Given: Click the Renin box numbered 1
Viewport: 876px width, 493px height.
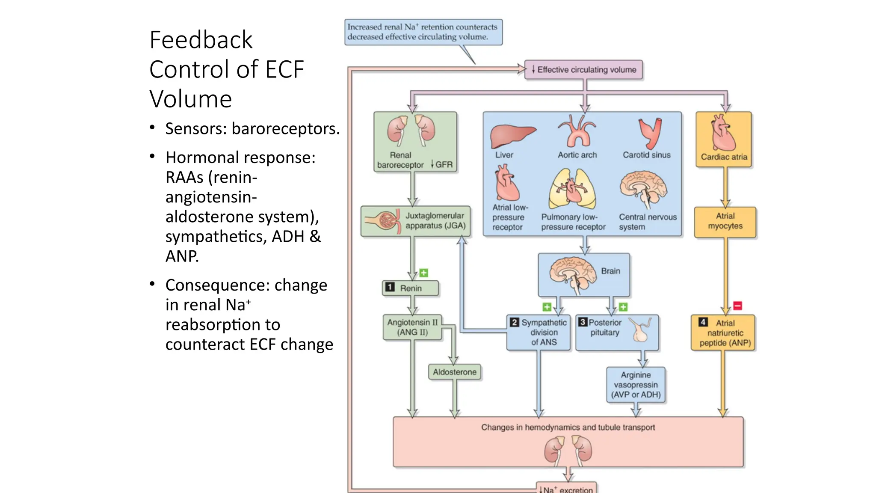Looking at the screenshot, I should tap(410, 288).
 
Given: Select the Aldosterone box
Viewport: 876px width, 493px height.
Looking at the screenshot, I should tap(454, 372).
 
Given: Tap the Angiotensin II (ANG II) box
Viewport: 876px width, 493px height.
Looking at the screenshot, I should tap(412, 327).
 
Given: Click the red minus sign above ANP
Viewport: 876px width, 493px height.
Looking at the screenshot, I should tap(737, 306).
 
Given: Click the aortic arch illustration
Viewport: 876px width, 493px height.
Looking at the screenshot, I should tap(577, 131).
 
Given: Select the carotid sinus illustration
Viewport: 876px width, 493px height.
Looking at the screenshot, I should tap(650, 133).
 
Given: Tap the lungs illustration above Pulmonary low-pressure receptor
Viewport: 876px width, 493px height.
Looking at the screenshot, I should tap(572, 189).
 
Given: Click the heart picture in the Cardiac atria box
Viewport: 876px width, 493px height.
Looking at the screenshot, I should tap(723, 132).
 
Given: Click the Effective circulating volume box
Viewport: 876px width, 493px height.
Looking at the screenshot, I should tap(583, 70).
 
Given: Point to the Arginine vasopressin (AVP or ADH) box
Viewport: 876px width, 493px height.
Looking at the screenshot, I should tap(636, 385).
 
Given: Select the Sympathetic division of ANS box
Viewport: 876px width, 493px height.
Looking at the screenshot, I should tap(539, 333).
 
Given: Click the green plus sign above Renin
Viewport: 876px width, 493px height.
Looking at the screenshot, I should tap(423, 273).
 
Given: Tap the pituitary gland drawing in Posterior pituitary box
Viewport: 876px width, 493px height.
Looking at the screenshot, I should tap(641, 330).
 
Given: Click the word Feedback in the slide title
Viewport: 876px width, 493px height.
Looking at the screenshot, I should tap(201, 40).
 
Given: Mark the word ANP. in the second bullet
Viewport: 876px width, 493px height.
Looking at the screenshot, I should tap(182, 256).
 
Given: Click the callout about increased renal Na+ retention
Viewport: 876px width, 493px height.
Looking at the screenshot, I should tap(423, 32).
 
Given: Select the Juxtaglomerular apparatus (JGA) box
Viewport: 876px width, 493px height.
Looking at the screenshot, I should tap(415, 221).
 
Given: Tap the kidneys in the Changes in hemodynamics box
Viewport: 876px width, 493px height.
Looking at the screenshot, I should tap(568, 450).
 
